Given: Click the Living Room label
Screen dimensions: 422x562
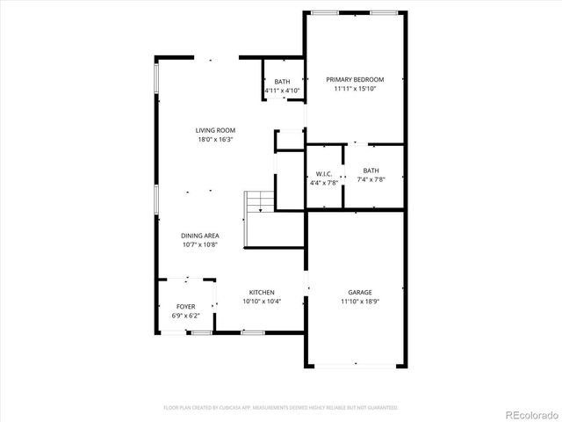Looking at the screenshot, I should tap(215, 131).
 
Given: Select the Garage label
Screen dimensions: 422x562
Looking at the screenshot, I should tap(360, 292).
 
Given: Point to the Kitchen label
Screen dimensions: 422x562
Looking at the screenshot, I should tap(262, 292).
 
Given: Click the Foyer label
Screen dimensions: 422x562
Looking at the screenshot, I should tap(185, 307).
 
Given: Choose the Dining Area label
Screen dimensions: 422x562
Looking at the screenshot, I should tap(200, 236).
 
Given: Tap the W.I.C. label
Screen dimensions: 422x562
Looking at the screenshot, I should tap(323, 173).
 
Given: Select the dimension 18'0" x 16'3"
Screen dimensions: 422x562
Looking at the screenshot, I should tap(215, 139).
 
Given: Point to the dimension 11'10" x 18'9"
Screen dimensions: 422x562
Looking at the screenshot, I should tap(360, 301).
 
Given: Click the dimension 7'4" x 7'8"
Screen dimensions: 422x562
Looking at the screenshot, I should tap(371, 179).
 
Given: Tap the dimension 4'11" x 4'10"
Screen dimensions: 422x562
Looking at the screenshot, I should tap(282, 90).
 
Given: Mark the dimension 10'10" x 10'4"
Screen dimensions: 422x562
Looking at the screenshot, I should tap(262, 301).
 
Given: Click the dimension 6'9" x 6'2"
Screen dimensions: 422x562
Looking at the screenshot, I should tap(185, 315).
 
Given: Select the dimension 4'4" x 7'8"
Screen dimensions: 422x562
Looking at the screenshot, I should tap(323, 182).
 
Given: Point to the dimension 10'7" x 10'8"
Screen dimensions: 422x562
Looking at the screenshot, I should tap(200, 244).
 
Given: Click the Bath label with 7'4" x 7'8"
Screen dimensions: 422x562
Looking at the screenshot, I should tap(371, 171).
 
